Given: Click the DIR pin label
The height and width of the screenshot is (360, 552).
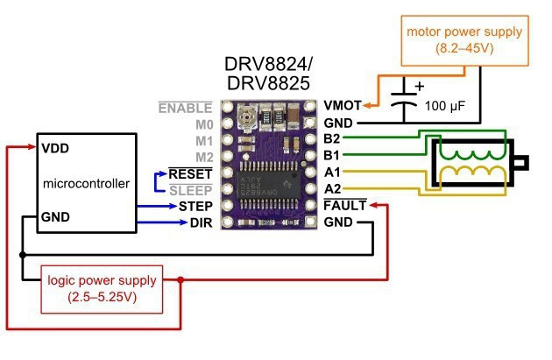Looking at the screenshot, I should (201, 222).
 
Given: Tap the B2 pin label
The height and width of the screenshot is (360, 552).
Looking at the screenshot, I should (332, 139).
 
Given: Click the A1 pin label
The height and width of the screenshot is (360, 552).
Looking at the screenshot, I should (332, 173).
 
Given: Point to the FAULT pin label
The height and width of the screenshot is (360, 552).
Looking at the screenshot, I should (342, 206).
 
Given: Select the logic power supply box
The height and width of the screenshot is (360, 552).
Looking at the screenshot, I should (103, 288).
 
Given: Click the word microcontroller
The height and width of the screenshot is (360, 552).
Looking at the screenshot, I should (86, 183).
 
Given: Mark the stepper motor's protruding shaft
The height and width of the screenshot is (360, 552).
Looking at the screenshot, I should (523, 164).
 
